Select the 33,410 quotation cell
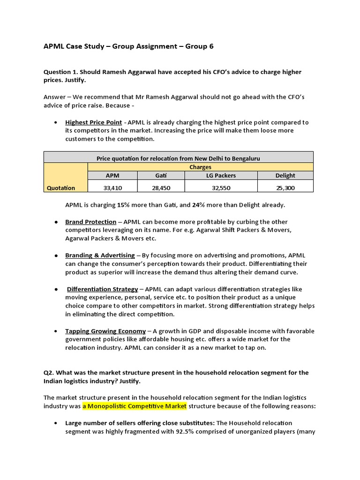(112, 187)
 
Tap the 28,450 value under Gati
(161, 187)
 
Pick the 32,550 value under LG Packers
(221, 187)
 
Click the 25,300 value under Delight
(285, 187)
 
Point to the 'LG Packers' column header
(221, 175)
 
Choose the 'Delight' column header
(285, 175)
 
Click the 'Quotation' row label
(60, 187)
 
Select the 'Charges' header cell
(200, 167)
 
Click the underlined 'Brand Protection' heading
(90, 222)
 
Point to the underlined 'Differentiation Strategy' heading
(103, 289)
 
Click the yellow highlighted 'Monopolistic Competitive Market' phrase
(135, 405)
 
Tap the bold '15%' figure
(123, 205)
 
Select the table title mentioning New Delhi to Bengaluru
(178, 158)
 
